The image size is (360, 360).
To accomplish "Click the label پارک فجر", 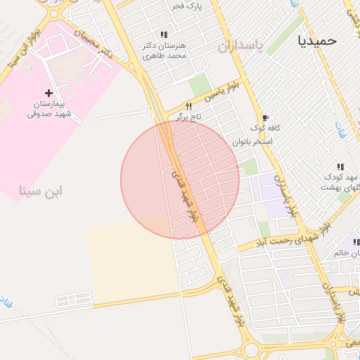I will (x=188, y=6).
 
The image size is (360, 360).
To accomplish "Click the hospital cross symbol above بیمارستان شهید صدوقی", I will (x=49, y=93).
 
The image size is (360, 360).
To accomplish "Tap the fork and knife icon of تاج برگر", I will (x=188, y=105).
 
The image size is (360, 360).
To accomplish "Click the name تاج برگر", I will (x=188, y=116).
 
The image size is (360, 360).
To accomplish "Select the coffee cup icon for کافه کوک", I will (x=265, y=117).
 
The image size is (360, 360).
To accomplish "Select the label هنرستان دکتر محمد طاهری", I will (x=164, y=50).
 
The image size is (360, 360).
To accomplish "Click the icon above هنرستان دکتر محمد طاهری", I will (x=164, y=34).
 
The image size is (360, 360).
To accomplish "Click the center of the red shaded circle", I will (x=180, y=179).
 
